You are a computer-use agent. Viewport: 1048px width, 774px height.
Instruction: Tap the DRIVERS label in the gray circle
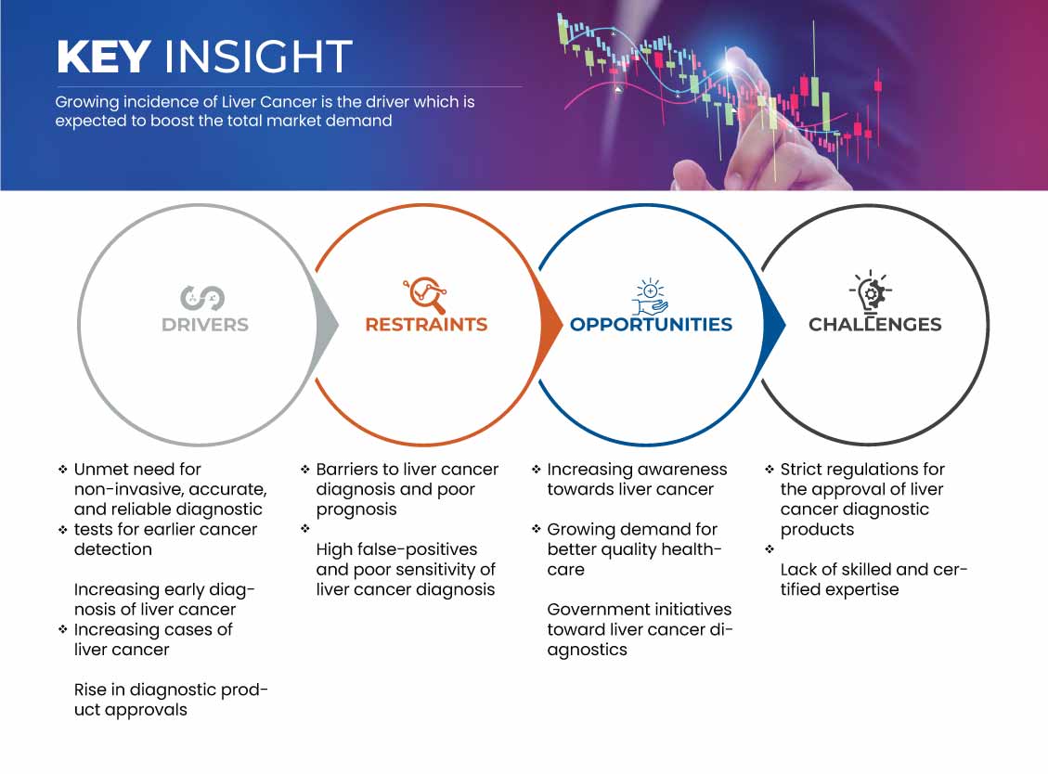[205, 325]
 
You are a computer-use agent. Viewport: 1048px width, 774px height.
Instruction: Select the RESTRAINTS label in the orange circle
[426, 325]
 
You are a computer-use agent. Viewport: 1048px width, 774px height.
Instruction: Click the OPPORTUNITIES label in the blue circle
[651, 325]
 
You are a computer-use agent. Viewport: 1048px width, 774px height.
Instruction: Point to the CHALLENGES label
[875, 325]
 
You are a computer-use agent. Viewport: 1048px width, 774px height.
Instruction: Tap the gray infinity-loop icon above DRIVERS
[202, 298]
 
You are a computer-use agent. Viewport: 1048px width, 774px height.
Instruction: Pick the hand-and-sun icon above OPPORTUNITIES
[651, 297]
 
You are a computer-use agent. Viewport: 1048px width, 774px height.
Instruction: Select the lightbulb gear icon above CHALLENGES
[871, 292]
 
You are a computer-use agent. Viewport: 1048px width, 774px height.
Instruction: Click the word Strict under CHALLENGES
[801, 470]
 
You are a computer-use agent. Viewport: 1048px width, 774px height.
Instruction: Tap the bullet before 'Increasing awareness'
[536, 470]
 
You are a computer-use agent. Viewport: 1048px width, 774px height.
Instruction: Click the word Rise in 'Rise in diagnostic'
[88, 690]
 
